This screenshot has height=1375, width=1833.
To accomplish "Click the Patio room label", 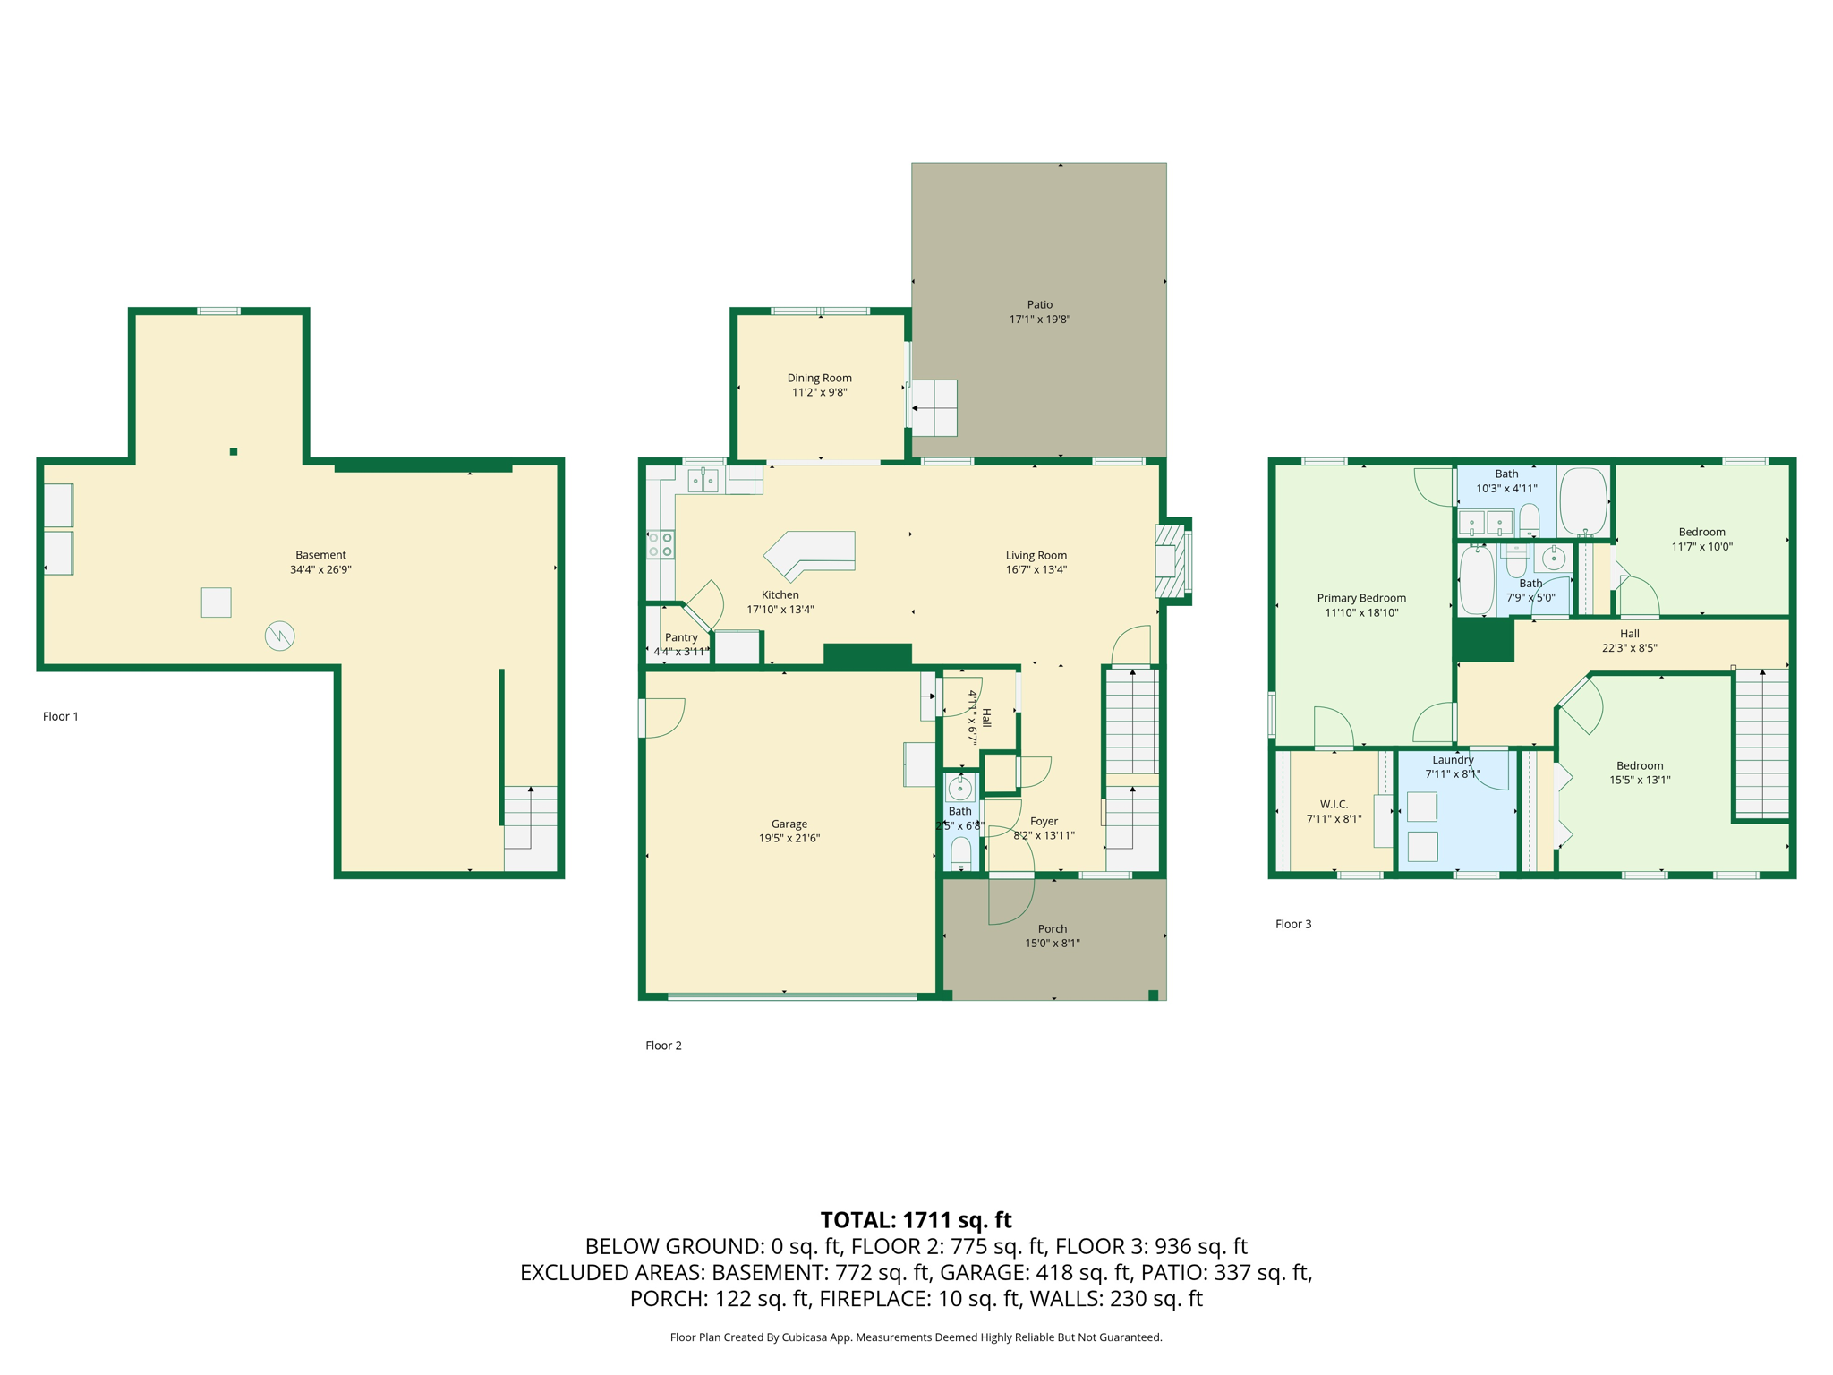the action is coord(1039,304).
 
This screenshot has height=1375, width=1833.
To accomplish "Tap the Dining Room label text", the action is coord(819,378).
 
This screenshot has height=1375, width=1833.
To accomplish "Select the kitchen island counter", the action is coord(810,554).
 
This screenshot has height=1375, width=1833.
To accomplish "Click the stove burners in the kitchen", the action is coord(661,544).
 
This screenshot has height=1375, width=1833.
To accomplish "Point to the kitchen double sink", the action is coord(703,481).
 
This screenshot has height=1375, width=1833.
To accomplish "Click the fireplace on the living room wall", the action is coord(1172,561).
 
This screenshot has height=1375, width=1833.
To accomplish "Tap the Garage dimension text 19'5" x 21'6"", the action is coord(789,838).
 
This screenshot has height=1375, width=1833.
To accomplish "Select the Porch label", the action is coord(1052,928).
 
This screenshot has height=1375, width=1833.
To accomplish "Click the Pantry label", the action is coord(681,637).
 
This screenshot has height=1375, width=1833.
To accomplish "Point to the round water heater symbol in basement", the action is coord(279,636).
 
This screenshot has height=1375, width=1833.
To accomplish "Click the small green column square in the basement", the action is coord(234,452).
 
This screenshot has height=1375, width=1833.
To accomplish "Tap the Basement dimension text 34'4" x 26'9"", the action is coord(320,569).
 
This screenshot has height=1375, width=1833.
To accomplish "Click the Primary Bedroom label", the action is coord(1361,598).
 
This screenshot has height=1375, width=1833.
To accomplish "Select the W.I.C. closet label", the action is coord(1334,804).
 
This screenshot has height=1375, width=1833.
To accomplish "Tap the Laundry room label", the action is coord(1453,760).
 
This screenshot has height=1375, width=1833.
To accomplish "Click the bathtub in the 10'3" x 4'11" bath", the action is coord(1583,500).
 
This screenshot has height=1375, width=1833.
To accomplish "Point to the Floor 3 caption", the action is coord(1293,924).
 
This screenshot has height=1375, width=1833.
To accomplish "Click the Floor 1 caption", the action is coord(61,716).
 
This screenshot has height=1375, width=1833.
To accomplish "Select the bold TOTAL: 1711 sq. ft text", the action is coord(916,1220).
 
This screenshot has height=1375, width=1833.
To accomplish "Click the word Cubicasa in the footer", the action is coord(804,1337).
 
